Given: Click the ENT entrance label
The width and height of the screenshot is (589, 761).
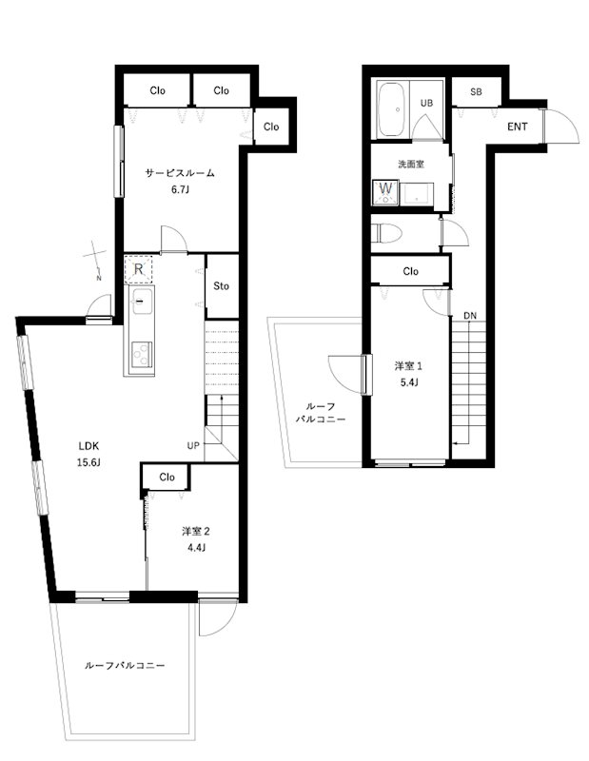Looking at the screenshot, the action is (517, 127).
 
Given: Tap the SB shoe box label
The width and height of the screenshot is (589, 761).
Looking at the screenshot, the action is (476, 91).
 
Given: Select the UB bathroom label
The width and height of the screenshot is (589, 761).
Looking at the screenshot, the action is (427, 103).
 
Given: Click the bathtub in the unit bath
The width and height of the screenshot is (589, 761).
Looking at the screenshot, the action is (393, 109).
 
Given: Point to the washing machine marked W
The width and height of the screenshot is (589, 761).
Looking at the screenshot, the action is (385, 193).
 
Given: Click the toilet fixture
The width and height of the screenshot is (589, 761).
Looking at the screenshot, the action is (386, 233).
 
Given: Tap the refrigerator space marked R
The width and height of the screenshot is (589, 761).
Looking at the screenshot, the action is (138, 269).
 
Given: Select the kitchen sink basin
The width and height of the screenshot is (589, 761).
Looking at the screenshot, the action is (141, 302).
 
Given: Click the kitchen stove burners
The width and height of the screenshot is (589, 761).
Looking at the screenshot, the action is (142, 354).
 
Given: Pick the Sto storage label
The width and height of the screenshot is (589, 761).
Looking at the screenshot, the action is (222, 286).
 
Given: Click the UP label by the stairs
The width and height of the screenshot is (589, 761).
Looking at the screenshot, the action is (193, 445).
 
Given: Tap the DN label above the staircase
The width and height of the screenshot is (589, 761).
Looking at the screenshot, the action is (470, 316).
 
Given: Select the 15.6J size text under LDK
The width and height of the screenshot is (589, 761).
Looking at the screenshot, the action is (88, 462).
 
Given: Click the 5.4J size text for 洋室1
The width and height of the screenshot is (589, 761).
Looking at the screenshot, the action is (409, 382).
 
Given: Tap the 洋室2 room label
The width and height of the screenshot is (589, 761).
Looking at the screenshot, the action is (196, 532).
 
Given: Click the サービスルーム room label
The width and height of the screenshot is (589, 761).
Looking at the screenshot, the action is (180, 173).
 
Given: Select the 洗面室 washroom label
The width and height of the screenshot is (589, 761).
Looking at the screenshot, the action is (411, 164).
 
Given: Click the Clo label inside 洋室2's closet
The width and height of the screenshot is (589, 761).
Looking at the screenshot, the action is (167, 478).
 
